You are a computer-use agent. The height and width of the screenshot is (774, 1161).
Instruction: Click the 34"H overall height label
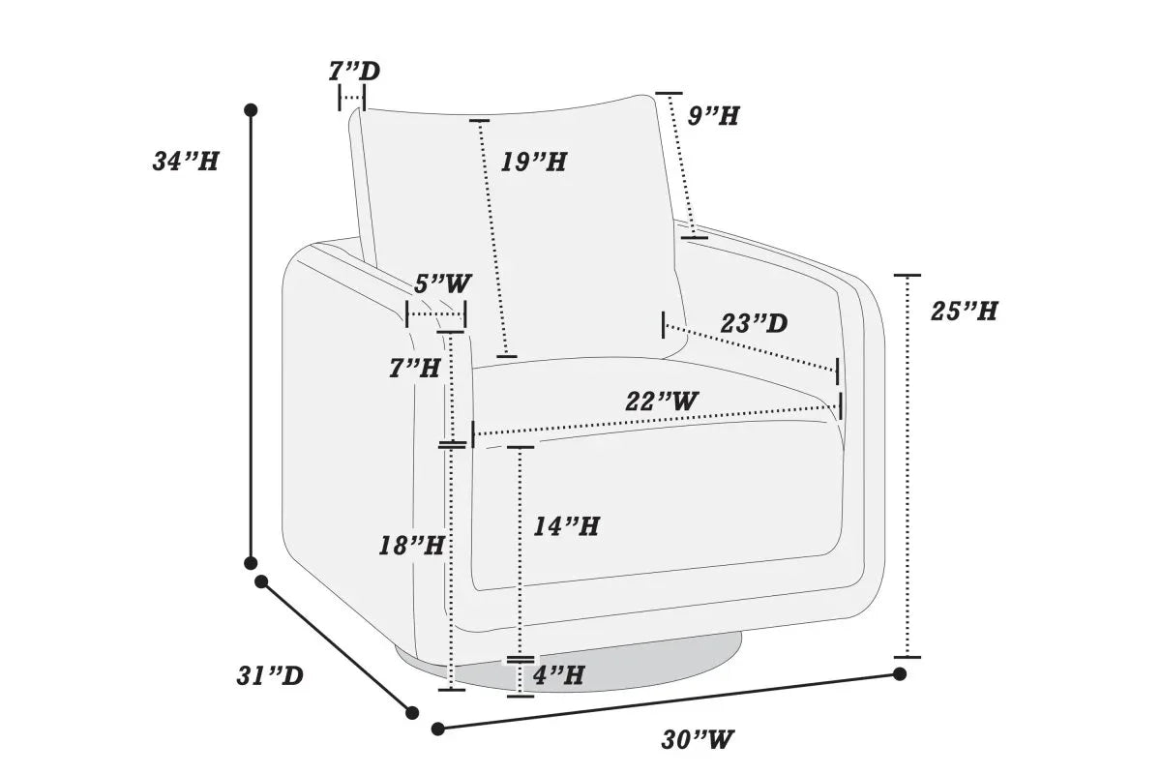click(x=186, y=162)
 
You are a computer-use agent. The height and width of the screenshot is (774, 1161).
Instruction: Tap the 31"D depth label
click(x=270, y=676)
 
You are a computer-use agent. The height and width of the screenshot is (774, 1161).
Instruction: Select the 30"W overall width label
click(x=698, y=739)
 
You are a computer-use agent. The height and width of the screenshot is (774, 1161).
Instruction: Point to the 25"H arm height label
click(x=964, y=312)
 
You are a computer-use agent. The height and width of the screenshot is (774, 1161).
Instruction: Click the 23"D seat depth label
click(x=754, y=323)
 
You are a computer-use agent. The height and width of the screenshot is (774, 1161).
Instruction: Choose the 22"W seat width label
click(x=662, y=402)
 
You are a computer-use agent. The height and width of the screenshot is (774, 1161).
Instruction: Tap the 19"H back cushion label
click(x=534, y=162)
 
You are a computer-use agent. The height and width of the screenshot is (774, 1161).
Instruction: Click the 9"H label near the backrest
click(x=713, y=115)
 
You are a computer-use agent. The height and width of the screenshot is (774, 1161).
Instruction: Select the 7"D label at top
click(x=354, y=71)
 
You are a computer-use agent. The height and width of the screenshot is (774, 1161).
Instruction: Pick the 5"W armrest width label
click(x=443, y=283)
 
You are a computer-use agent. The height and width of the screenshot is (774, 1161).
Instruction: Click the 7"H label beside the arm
click(x=415, y=368)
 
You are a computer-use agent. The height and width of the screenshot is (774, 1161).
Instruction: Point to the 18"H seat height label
click(x=411, y=546)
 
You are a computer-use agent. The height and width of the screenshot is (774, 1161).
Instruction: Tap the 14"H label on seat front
click(x=567, y=526)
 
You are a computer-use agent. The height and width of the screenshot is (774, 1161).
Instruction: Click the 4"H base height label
click(x=559, y=675)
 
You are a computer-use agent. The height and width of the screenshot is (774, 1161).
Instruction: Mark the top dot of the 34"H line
click(x=251, y=110)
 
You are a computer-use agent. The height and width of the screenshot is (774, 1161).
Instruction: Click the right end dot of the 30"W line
click(x=900, y=674)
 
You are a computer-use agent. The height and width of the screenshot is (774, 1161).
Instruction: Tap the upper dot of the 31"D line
click(x=261, y=581)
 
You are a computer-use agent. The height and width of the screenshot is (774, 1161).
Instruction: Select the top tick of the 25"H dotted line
click(x=908, y=276)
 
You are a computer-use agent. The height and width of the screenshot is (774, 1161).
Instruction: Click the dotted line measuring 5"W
click(x=436, y=314)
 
